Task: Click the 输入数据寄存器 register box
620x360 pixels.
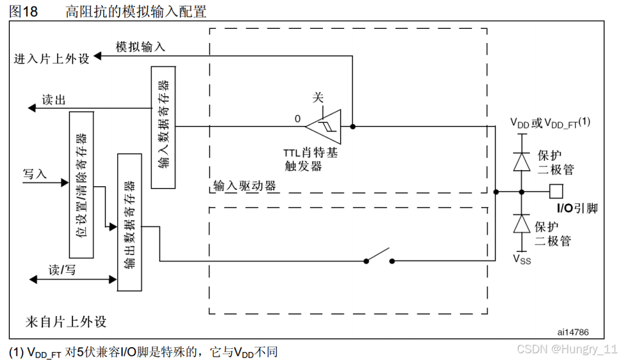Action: [163, 127]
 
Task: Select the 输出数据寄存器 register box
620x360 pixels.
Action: [129, 222]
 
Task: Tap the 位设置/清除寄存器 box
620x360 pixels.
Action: [82, 184]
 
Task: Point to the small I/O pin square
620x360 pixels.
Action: [556, 190]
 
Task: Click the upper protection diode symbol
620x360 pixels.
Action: [521, 161]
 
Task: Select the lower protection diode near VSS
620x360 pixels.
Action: [521, 224]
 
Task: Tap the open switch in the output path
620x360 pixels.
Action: [379, 256]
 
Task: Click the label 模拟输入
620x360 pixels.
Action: [141, 47]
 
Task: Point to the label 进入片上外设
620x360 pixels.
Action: [52, 59]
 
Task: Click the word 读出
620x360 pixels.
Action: [53, 101]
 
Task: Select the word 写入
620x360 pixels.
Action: [35, 174]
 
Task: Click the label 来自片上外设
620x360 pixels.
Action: [66, 322]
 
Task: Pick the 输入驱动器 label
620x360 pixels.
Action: [244, 186]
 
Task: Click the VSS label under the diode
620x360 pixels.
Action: [522, 259]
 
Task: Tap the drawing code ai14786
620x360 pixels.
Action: [573, 332]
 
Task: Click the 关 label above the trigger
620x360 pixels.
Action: [318, 97]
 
